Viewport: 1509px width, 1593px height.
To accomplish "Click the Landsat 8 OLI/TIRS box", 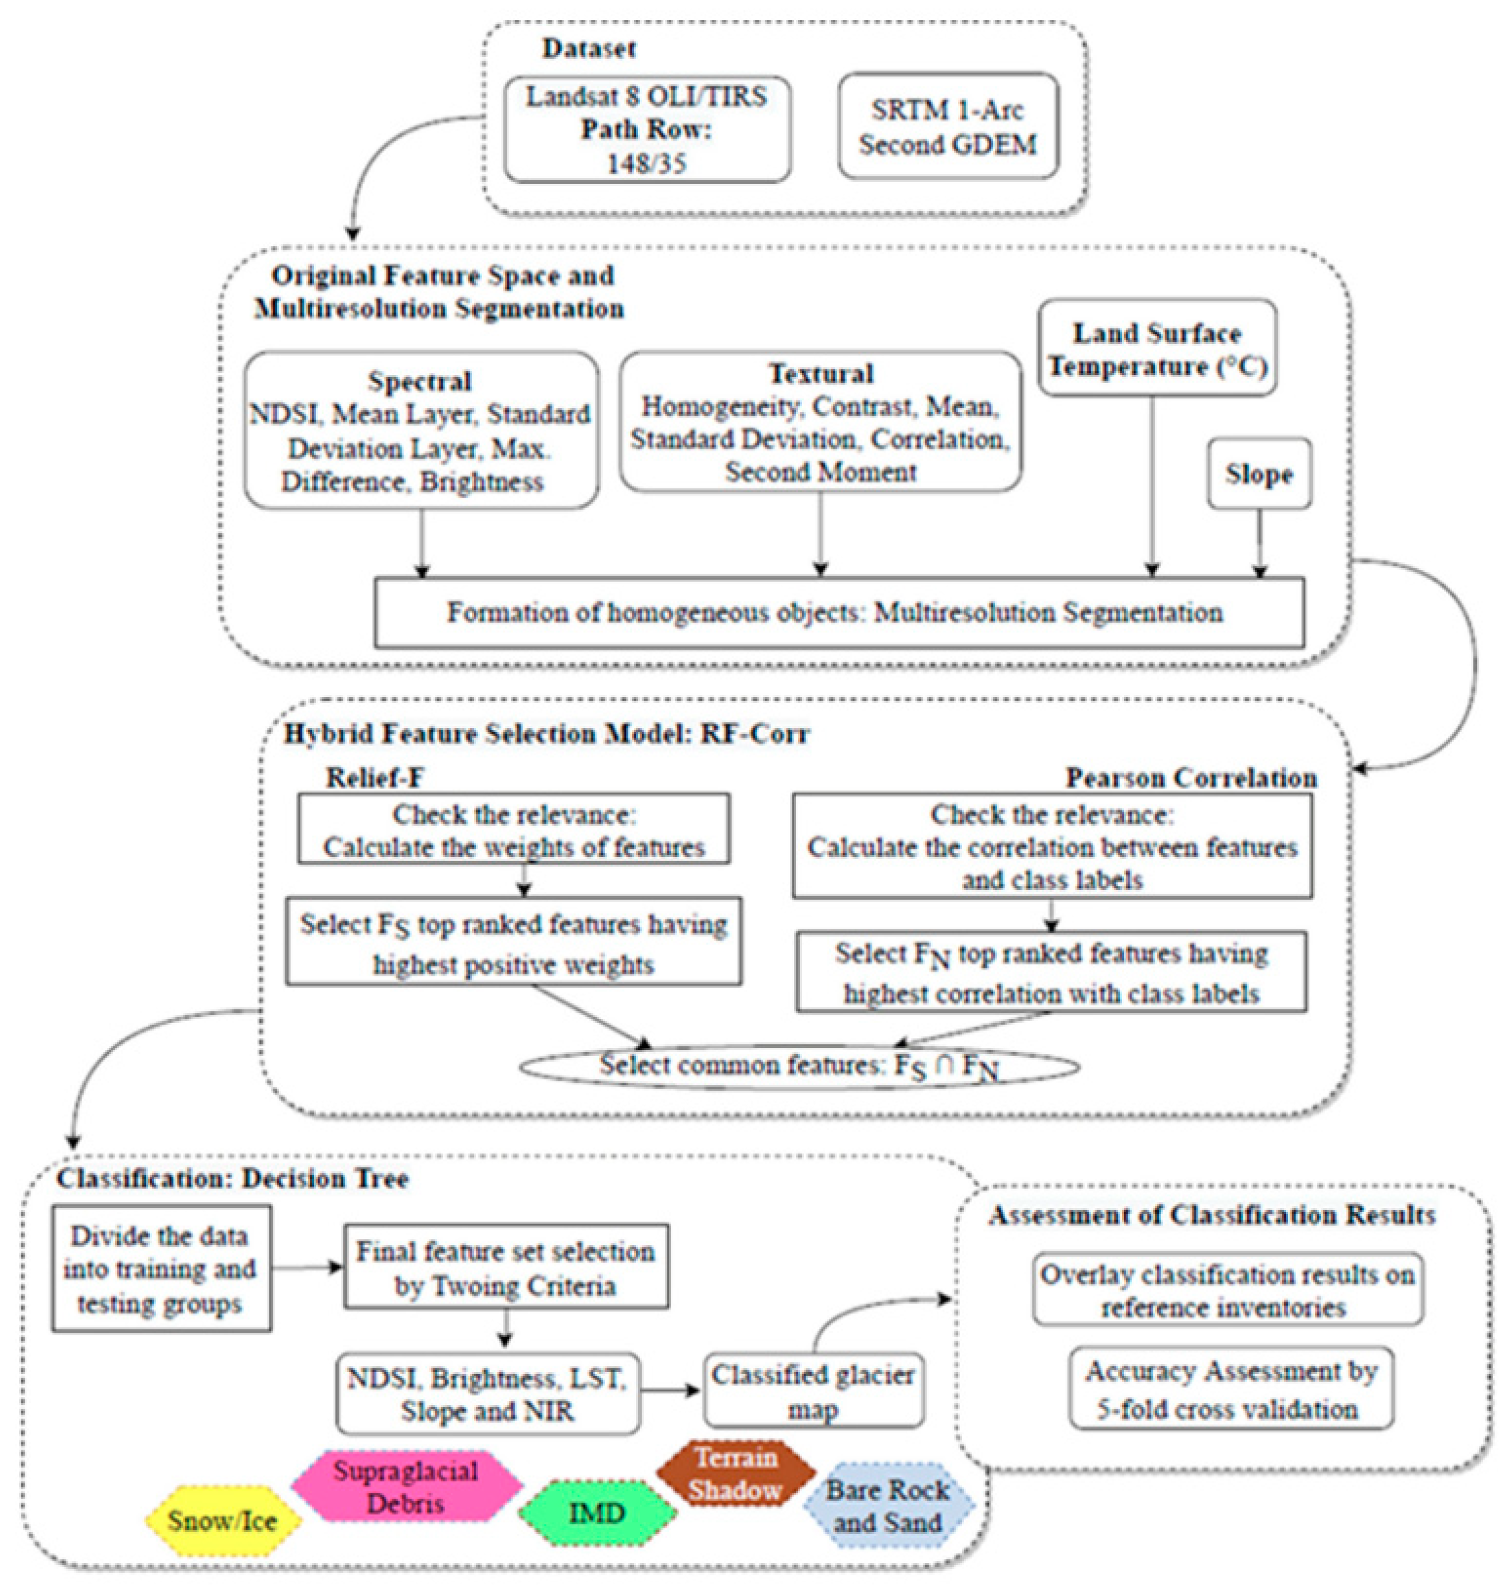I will (x=647, y=129).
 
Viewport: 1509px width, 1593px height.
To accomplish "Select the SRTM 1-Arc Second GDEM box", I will (x=947, y=126).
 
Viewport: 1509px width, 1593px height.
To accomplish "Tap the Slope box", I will (x=1259, y=474).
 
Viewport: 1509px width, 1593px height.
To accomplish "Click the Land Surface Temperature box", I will (x=1156, y=349).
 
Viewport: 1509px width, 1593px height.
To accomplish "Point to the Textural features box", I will (x=821, y=421).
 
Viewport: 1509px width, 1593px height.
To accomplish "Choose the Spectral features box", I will (x=421, y=430).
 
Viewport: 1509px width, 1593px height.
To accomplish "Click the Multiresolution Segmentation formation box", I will (x=839, y=613).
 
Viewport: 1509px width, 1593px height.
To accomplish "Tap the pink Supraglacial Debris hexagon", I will (x=406, y=1487).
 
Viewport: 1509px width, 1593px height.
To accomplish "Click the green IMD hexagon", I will (x=597, y=1513).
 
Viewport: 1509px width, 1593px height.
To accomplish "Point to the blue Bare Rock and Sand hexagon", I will (x=888, y=1505).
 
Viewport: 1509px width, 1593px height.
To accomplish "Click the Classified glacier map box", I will (x=813, y=1392).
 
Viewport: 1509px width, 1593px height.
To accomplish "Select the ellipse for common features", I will (x=799, y=1066).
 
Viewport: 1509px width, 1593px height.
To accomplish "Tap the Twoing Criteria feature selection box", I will (x=506, y=1268).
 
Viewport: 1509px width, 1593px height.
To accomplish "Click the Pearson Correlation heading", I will (x=1191, y=778).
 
